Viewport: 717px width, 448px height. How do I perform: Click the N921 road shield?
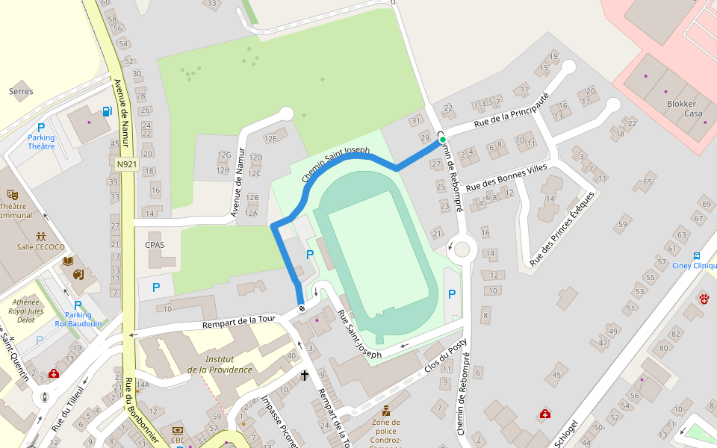tap(127, 164)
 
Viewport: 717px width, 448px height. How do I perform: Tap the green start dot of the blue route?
tap(442, 140)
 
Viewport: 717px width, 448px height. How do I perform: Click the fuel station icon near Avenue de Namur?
tap(108, 112)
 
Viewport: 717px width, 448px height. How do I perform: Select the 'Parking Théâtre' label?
tap(41, 142)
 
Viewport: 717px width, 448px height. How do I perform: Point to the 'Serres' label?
tap(21, 92)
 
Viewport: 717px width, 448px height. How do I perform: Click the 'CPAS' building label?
tap(155, 245)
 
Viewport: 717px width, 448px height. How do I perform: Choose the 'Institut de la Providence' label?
tap(220, 364)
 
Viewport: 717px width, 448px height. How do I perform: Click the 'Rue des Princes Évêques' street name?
tap(562, 228)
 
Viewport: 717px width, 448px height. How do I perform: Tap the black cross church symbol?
tap(305, 375)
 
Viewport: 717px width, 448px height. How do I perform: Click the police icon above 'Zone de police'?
tap(385, 411)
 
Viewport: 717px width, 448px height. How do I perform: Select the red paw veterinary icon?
tap(704, 299)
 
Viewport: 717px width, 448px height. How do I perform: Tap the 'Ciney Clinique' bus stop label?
tap(695, 265)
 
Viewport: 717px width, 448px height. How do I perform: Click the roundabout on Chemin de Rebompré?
tap(462, 249)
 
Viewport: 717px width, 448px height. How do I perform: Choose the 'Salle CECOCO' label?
tap(40, 247)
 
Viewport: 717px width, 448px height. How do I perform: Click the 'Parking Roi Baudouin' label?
tap(78, 319)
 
